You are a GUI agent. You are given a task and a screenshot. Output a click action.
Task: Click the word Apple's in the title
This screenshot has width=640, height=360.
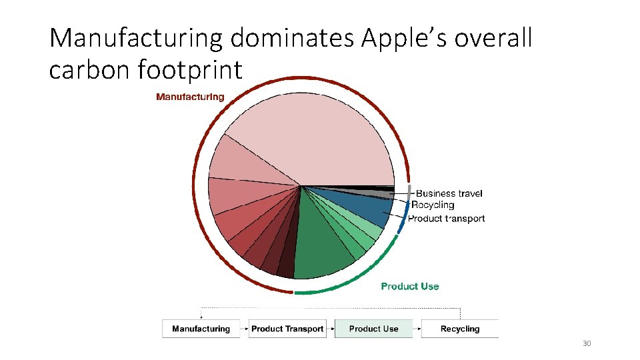click(406, 39)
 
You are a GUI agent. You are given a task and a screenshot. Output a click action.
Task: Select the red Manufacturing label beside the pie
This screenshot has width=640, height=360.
click(190, 97)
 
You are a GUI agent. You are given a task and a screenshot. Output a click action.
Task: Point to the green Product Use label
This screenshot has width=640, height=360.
click(410, 286)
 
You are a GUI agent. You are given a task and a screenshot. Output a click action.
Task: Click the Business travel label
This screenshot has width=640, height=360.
click(449, 193)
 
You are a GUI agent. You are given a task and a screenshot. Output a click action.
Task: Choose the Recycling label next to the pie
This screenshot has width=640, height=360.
click(433, 205)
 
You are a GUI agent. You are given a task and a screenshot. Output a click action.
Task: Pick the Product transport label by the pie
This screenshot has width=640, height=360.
click(446, 219)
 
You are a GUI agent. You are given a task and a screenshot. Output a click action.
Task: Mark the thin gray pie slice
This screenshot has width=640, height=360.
click(380, 194)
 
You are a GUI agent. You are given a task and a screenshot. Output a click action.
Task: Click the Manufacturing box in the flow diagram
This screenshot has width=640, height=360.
click(201, 329)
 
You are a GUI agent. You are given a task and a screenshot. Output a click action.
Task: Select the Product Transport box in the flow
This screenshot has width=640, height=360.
click(287, 329)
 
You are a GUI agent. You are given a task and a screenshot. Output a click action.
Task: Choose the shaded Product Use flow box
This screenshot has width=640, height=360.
click(373, 329)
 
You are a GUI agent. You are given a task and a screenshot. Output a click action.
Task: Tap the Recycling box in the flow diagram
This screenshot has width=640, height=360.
click(460, 329)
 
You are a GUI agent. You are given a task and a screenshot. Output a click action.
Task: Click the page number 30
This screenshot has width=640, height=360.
click(587, 344)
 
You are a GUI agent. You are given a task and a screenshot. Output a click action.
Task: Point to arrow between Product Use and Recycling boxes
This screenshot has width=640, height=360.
click(417, 329)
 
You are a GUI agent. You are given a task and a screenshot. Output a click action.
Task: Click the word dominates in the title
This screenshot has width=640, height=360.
click(293, 39)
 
